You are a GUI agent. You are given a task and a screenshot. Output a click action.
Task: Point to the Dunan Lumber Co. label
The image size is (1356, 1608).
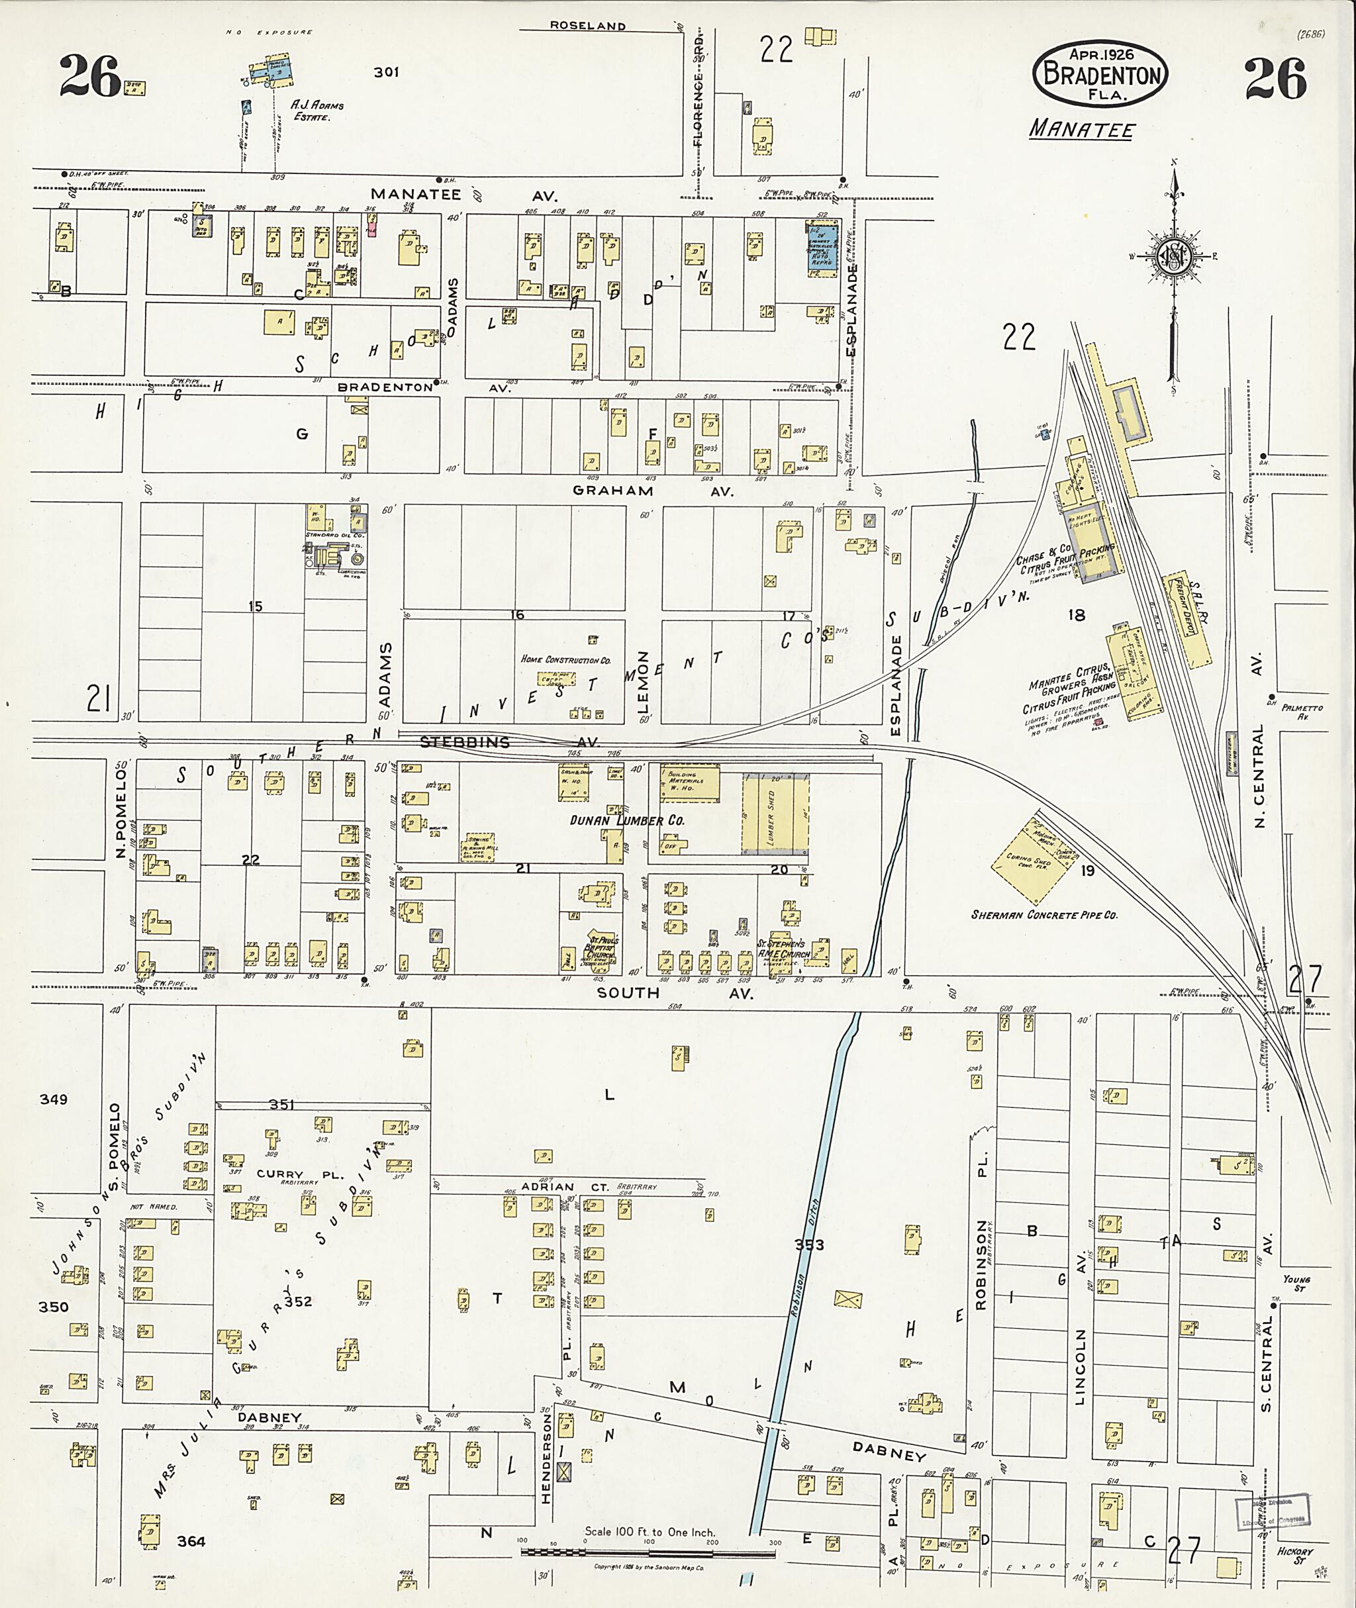pos(626,821)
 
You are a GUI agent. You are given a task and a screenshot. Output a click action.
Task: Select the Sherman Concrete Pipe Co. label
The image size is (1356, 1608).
pos(1044,915)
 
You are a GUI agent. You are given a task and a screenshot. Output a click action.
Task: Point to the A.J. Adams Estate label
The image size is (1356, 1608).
pos(316,111)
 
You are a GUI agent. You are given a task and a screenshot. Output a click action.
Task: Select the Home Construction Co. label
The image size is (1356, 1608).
pos(565,659)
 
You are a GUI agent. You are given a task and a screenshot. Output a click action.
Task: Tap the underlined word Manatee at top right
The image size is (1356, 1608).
pos(1082,128)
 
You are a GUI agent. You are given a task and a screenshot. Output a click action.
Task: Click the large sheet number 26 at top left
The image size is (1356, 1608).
pos(91,77)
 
